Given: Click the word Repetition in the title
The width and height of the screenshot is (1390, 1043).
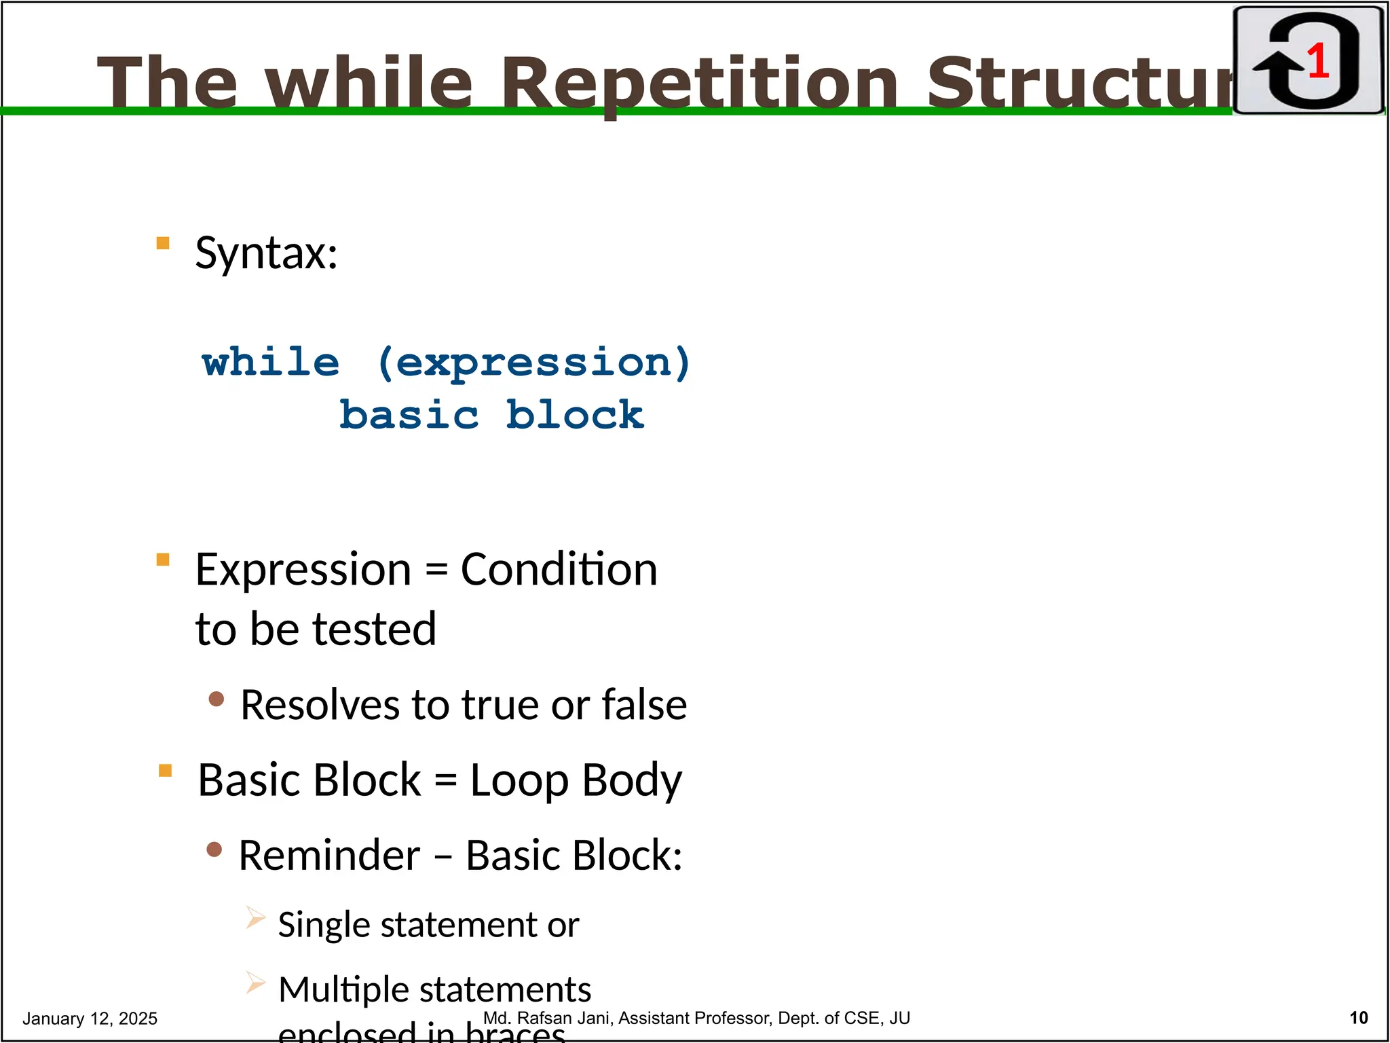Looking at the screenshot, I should pos(699,84).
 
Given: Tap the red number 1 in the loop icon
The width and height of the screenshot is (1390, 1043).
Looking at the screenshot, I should pos(1317,61).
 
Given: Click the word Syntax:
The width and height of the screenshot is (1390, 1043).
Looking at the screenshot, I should pos(266,253).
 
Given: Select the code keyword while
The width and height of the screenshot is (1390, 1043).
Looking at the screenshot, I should pos(271,362).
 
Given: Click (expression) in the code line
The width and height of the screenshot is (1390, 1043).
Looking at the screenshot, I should pos(533,363).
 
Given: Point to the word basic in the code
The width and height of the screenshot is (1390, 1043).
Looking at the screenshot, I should pos(409,415).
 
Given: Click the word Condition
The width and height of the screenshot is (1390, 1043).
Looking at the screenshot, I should pos(559,569).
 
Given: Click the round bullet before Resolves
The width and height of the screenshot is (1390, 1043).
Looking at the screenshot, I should pos(217,699).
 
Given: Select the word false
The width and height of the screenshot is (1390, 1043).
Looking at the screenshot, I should pos(644,705).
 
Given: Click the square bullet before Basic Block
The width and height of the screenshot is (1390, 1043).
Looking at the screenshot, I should pos(165,771).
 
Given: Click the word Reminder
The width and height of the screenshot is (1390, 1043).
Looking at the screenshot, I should pos(329,855).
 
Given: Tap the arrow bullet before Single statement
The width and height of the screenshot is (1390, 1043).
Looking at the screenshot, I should pos(255,918).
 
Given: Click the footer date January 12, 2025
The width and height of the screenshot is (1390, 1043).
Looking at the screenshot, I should pos(90,1019).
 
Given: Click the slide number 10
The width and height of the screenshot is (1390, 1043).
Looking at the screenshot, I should pos(1358,1018).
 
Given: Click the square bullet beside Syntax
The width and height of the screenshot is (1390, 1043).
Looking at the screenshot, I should pos(163,243).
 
